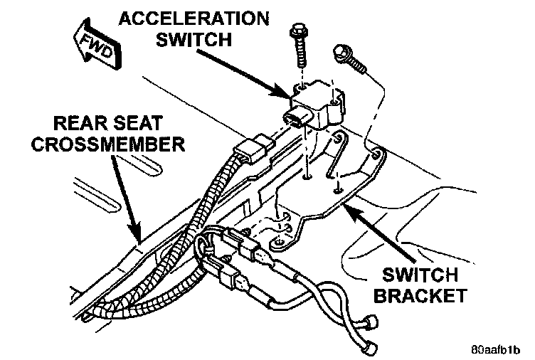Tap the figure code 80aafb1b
(496, 351)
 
